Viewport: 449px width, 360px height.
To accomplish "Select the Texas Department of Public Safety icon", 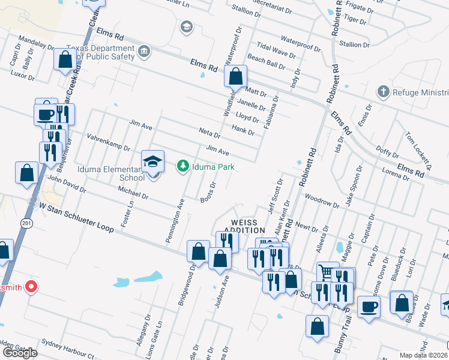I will pos(144,52).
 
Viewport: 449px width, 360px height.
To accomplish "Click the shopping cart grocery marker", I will pos(326,272).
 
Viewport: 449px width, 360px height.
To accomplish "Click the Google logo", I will pos(19,352).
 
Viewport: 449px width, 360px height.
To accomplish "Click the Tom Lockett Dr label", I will pos(419,148).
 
